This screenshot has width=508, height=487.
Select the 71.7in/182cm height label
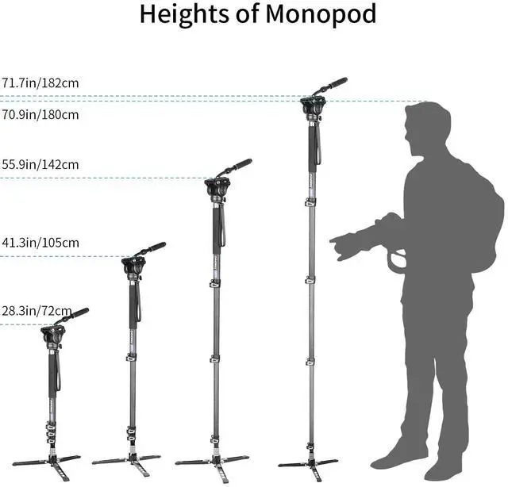pos(40,82)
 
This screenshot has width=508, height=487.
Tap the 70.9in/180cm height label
pos(40,114)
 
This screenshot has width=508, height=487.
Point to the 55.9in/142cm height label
pos(40,165)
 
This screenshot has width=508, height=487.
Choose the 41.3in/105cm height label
pos(40,242)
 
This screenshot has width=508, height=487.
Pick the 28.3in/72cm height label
pos(37,310)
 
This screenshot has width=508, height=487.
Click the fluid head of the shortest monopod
pos(54,336)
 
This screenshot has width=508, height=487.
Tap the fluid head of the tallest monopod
pos(311,106)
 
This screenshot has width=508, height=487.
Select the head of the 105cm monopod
pos(133,267)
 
